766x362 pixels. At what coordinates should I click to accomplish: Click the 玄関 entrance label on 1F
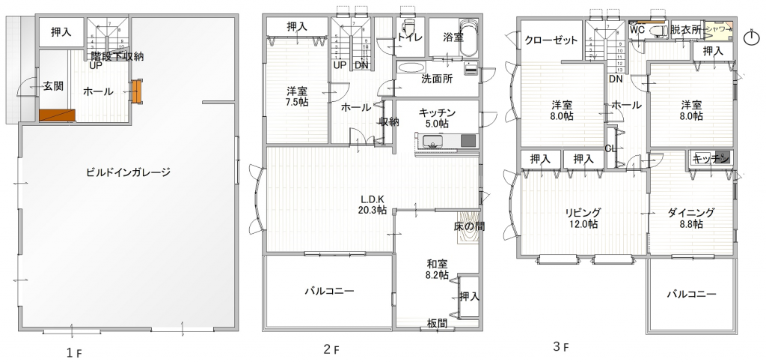click(x=52, y=86)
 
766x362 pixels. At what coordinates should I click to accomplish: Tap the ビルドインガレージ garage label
click(x=129, y=172)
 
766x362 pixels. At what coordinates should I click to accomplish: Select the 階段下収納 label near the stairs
click(x=117, y=56)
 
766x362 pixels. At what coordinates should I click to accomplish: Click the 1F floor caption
click(x=70, y=352)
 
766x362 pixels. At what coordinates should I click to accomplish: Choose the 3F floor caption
click(x=561, y=347)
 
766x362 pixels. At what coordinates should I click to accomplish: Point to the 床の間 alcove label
click(x=468, y=226)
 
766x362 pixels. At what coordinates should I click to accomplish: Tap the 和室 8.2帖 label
click(x=438, y=269)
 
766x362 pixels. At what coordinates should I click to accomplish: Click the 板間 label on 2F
click(x=438, y=323)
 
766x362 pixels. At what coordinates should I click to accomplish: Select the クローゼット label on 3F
click(x=551, y=40)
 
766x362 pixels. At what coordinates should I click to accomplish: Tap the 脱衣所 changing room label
click(x=686, y=30)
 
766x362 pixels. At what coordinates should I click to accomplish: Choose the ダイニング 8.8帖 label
click(x=691, y=218)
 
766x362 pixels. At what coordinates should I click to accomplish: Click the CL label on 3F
click(x=610, y=148)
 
